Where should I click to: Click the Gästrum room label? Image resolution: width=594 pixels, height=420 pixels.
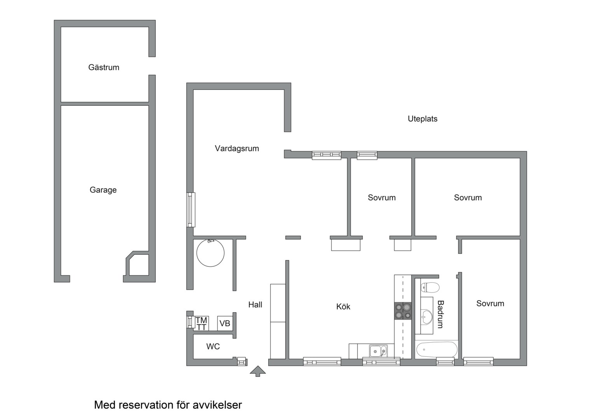click(104, 67)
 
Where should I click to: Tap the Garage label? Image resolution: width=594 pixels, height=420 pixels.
click(103, 190)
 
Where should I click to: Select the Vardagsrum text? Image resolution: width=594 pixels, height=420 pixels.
click(237, 148)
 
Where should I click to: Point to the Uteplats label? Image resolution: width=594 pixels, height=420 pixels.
click(423, 119)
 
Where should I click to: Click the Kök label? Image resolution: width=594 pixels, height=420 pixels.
click(343, 306)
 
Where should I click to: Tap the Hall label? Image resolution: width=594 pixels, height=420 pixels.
click(255, 304)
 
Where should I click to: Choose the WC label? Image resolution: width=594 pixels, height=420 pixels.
click(213, 346)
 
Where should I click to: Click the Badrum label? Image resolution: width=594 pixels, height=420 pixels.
click(440, 314)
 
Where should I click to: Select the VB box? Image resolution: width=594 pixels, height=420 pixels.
click(225, 323)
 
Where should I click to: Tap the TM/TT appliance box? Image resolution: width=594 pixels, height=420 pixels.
click(201, 324)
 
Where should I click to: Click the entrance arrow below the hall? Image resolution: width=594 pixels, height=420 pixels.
click(258, 371)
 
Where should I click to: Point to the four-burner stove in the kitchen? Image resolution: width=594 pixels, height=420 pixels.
click(403, 311)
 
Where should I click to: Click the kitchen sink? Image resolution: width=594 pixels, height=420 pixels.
click(378, 351)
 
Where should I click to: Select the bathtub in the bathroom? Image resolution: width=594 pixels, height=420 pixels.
click(437, 350)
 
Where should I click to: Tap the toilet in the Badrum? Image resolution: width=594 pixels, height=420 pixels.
click(430, 287)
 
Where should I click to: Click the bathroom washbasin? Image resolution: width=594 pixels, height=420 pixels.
click(427, 316)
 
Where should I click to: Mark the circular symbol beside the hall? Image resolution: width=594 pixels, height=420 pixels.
click(210, 253)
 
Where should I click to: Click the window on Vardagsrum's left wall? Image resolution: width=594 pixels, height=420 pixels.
click(190, 210)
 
